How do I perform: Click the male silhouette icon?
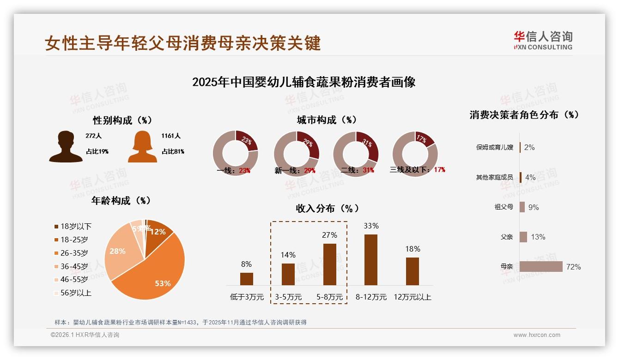66,146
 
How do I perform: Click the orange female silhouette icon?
142,146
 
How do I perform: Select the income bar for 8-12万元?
371,259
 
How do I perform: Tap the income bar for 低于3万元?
247,279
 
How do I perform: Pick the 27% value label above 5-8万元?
329,235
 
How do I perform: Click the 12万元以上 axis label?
412,297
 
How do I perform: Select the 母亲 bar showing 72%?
541,267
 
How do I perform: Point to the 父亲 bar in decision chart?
523,237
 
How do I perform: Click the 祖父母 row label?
504,207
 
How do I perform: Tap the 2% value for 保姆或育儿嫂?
529,147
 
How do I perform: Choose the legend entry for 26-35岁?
74,253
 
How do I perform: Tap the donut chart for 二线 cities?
356,154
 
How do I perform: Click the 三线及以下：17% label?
418,170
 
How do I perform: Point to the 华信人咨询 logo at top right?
543,40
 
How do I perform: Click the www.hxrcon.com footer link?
537,335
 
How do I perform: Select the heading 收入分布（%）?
327,208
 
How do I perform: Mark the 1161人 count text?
171,136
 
